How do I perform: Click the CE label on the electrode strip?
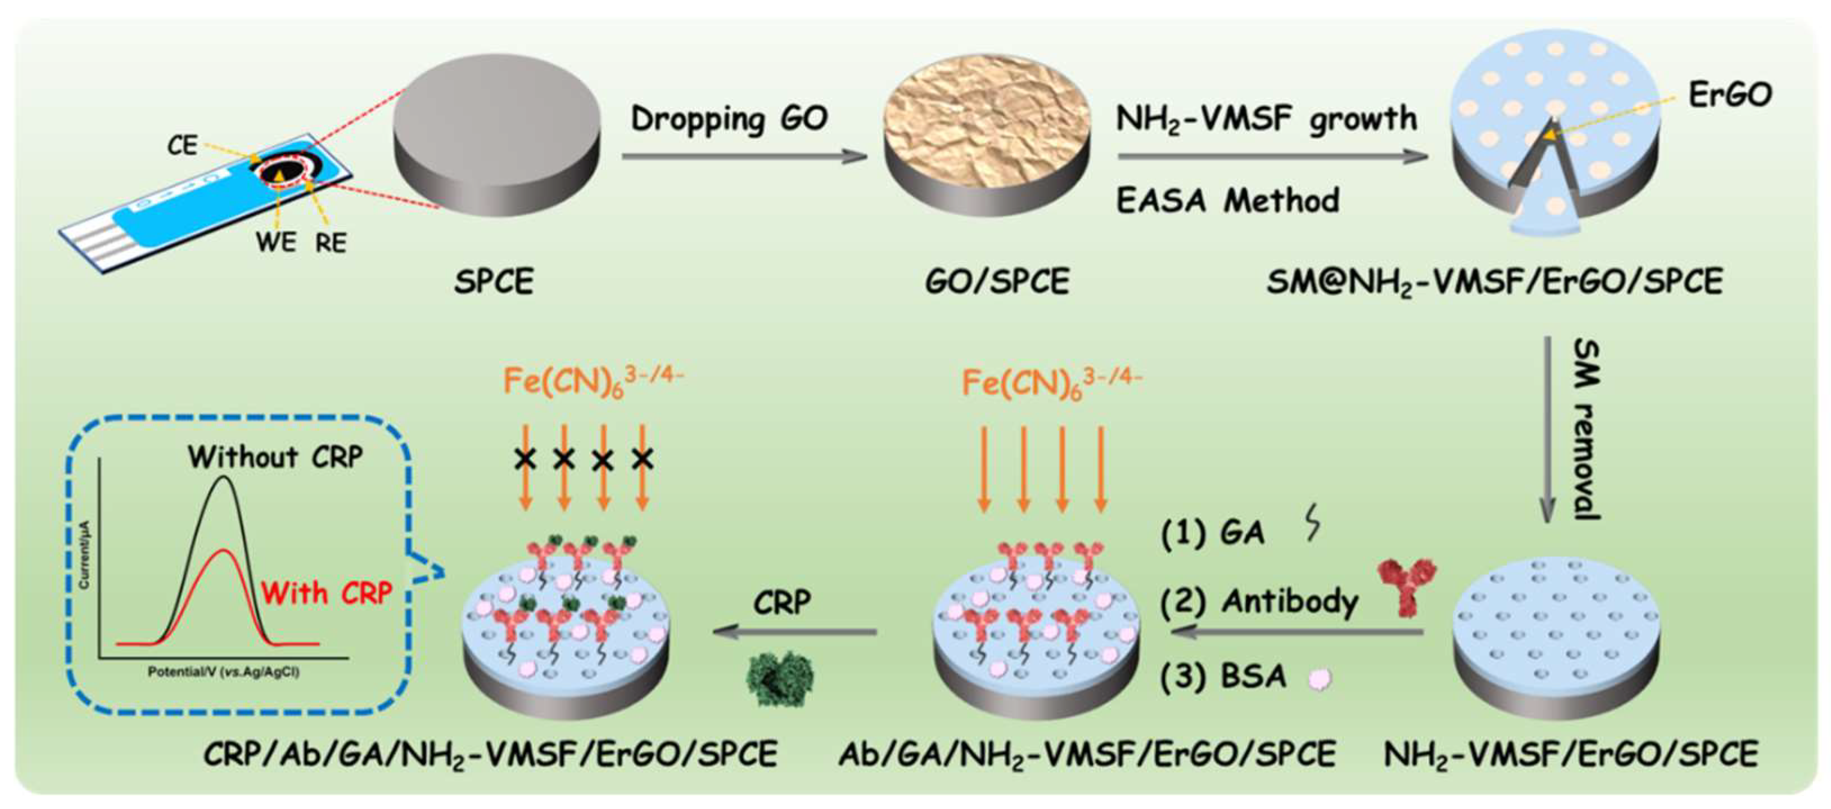182,146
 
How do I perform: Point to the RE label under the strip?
331,243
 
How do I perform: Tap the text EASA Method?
1228,201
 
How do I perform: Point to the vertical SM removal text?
1586,430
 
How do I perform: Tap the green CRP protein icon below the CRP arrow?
780,678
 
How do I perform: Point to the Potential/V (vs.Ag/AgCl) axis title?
223,671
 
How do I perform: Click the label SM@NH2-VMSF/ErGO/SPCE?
1494,283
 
